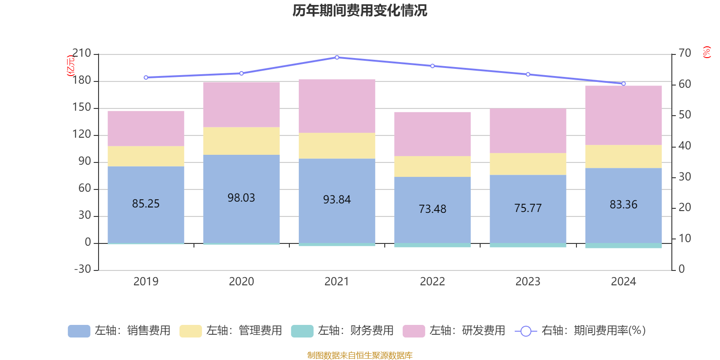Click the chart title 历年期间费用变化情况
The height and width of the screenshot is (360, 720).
pyautogui.click(x=360, y=11)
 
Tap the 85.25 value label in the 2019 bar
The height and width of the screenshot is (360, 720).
pyautogui.click(x=146, y=204)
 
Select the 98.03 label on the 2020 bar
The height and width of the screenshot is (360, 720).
pyautogui.click(x=241, y=198)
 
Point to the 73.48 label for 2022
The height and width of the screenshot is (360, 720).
pyautogui.click(x=432, y=209)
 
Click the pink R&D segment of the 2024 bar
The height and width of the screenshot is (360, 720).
pyautogui.click(x=623, y=115)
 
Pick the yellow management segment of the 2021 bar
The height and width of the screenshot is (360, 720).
pyautogui.click(x=337, y=146)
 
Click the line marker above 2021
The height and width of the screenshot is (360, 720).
pyautogui.click(x=337, y=58)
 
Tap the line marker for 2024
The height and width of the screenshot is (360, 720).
pyautogui.click(x=623, y=84)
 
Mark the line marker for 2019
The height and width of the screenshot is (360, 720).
pyautogui.click(x=146, y=77)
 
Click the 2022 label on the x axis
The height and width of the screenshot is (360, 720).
pyautogui.click(x=432, y=282)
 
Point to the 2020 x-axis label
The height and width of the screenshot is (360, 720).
pyautogui.click(x=241, y=282)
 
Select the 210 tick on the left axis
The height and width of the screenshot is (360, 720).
pyautogui.click(x=81, y=54)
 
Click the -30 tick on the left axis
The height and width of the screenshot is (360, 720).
pyautogui.click(x=82, y=269)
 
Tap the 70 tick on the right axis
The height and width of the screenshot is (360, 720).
pyautogui.click(x=685, y=53)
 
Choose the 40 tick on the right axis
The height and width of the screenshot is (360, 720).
pyautogui.click(x=685, y=146)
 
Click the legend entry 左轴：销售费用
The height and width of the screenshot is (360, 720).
pyautogui.click(x=120, y=331)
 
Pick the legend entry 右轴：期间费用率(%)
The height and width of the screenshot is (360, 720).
pyautogui.click(x=580, y=331)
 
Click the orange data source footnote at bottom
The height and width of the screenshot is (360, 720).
pyautogui.click(x=360, y=355)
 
